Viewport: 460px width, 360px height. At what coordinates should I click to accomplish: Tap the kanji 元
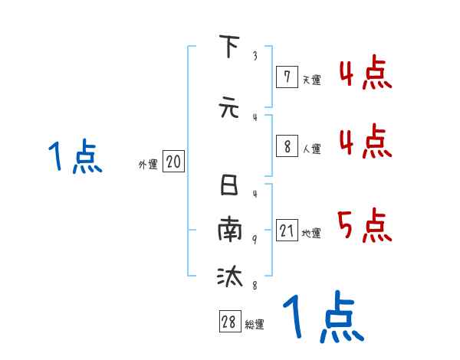click(228, 107)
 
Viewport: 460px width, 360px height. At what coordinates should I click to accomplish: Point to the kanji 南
click(228, 231)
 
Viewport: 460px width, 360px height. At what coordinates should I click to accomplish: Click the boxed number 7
click(286, 76)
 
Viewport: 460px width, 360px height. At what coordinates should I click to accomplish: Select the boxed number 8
click(286, 146)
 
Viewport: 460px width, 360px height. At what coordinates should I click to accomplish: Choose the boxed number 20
click(173, 162)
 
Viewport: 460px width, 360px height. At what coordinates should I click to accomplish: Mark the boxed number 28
click(229, 322)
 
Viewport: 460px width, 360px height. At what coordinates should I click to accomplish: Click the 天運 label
click(311, 79)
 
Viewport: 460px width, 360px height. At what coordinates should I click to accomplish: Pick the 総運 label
click(255, 325)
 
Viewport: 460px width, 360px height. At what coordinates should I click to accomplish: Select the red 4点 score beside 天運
click(365, 75)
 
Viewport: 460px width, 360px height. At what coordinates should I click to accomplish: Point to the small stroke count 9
click(254, 240)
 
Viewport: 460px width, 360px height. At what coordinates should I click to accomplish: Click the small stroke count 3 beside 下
click(254, 56)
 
